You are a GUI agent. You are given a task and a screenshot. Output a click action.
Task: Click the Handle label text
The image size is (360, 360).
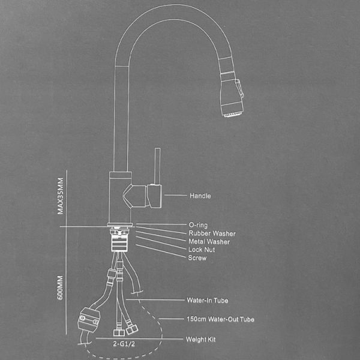click(200, 196)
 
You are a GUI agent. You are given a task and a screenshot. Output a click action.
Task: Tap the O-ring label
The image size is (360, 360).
click(198, 225)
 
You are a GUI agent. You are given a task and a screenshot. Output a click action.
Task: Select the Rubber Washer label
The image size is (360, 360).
click(212, 233)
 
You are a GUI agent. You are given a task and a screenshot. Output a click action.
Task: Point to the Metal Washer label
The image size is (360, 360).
click(209, 242)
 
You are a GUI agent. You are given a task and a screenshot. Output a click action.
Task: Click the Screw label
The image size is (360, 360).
click(197, 258)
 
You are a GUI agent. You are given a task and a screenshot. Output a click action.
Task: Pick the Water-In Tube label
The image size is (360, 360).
click(208, 300)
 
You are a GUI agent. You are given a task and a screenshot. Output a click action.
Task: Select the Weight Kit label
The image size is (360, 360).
click(202, 340)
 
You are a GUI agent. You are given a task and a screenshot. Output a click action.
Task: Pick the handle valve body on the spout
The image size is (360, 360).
click(144, 196)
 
